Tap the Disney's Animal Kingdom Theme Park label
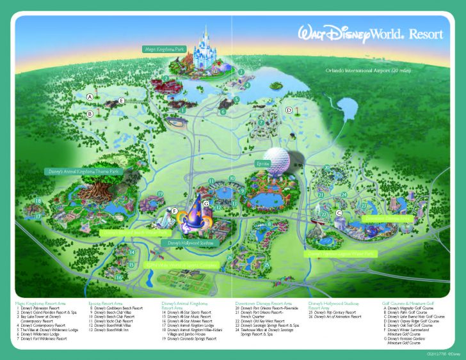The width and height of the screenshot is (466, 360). coord(83,171)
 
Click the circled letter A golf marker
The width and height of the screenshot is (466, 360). coord(90,97)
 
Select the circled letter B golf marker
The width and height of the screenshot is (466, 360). coord(90,114)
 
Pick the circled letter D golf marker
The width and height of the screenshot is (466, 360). coord(289,110)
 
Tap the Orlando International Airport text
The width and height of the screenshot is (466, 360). coord(362,70)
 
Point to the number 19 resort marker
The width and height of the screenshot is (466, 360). coord(160,194)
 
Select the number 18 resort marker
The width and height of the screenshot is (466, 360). coord(38,201)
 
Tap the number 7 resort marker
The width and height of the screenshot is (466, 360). coord(261,121)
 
